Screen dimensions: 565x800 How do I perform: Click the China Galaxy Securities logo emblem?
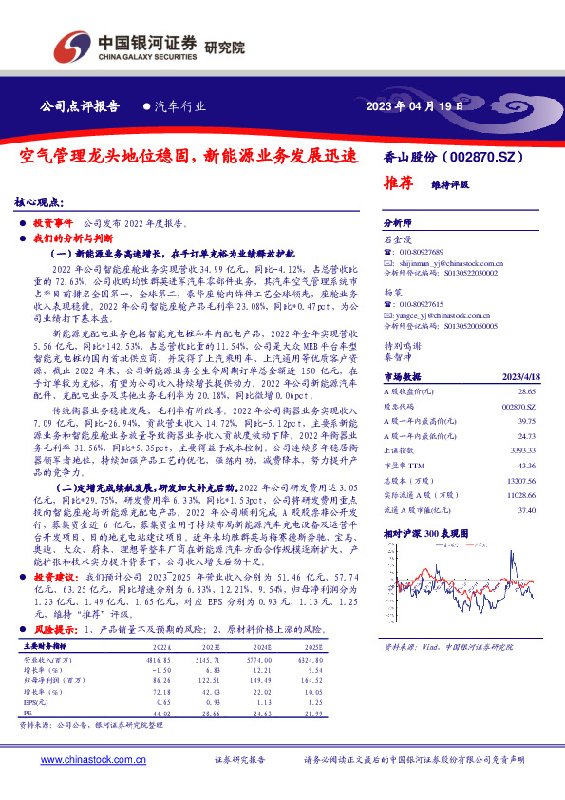pos(72,44)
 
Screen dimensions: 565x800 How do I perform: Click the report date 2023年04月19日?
pos(416,106)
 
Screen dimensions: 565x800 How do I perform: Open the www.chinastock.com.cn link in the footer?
pos(92,760)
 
